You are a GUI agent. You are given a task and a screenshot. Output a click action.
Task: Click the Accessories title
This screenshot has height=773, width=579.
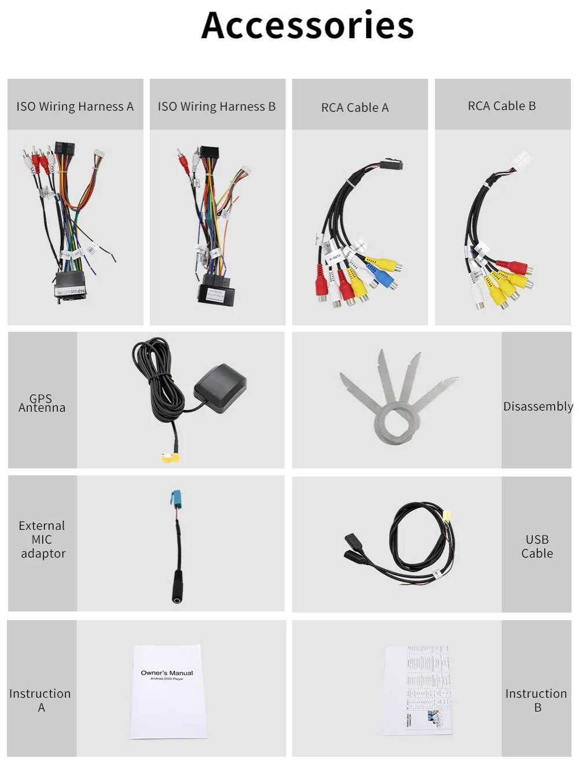pos(307,25)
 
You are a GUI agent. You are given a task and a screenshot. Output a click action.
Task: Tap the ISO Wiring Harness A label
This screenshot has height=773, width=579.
pos(75,107)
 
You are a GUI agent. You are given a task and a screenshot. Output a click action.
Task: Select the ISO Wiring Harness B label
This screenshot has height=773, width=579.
pos(217,107)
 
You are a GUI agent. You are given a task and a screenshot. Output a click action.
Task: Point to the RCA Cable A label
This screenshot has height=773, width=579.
pos(355,108)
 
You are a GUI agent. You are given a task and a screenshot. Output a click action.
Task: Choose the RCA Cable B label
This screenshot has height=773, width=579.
pos(502,106)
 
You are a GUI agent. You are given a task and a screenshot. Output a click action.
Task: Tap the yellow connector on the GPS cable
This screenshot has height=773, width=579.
pos(171,458)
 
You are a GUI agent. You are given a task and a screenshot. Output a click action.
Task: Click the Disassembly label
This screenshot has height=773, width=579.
pos(538,406)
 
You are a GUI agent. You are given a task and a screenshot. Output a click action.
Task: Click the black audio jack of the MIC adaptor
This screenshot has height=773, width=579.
pos(177,588)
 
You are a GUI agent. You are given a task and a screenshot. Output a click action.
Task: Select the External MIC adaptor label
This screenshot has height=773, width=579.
pos(42,540)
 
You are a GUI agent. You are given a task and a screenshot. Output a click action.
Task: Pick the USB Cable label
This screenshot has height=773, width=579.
pos(537,547)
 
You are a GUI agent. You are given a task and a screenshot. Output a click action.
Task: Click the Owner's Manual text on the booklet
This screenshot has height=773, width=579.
pos(167,673)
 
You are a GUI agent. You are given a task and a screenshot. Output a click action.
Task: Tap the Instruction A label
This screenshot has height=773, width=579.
pos(41,701)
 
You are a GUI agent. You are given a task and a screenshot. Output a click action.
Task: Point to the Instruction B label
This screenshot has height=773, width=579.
pos(536,701)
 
